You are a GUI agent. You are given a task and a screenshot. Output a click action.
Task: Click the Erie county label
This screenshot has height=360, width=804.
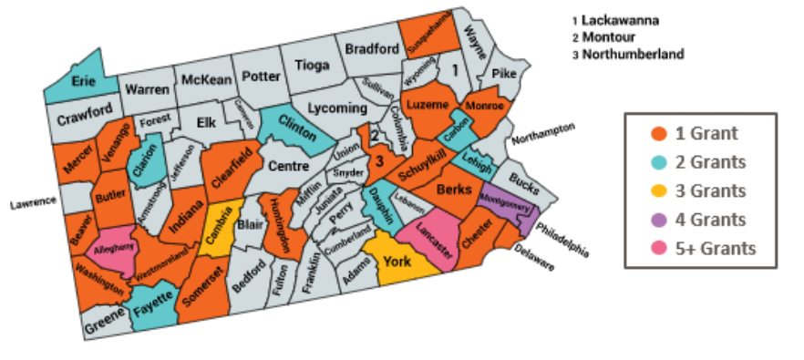pos(84,80)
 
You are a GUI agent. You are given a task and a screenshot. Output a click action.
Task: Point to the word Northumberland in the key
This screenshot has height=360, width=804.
pos(632,54)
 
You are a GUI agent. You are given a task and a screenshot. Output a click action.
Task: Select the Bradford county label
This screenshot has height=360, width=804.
pos(371,49)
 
